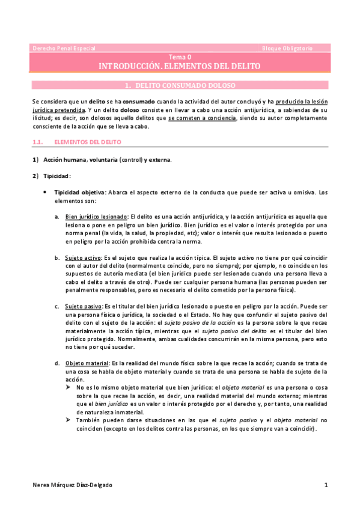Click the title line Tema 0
[180, 56]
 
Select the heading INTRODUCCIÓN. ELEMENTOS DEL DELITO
[180, 65]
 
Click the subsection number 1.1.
[37, 142]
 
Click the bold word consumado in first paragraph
[139, 102]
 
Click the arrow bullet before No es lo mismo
[68, 388]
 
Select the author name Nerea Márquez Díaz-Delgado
[73, 485]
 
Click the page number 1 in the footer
[325, 485]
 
